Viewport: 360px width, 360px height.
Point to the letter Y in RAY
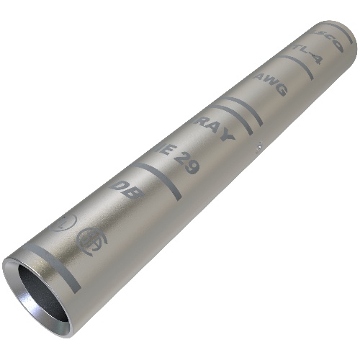click(x=225, y=136)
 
